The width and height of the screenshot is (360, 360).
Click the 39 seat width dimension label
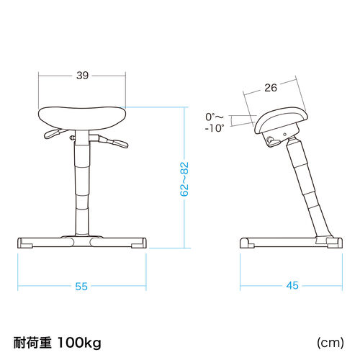click(82, 76)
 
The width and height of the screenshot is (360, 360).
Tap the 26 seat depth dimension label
click(271, 88)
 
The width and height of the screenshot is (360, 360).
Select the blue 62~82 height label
click(184, 179)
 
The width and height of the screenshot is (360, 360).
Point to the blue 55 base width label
click(81, 287)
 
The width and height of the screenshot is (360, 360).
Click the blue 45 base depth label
click(292, 285)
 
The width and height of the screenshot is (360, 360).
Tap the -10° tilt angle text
click(215, 128)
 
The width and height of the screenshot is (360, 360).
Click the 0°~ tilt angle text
click(215, 117)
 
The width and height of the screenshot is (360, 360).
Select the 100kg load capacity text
click(79, 343)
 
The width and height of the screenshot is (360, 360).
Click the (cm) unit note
click(330, 343)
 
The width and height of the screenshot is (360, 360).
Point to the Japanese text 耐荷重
click(32, 343)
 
